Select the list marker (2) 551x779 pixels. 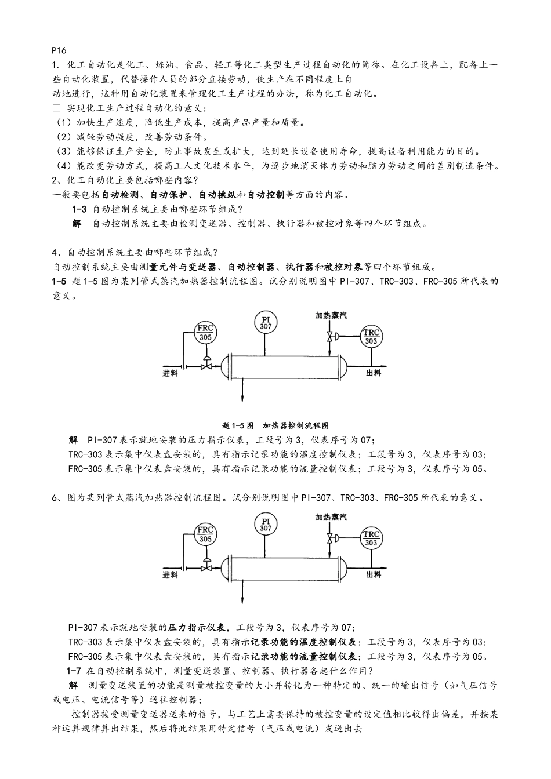[63, 137]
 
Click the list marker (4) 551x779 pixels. [63, 166]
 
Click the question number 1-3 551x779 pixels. [79, 209]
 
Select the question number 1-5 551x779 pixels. [60, 281]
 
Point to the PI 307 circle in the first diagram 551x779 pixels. [266, 323]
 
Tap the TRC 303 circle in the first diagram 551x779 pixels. [371, 337]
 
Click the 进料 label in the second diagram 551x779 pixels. [171, 575]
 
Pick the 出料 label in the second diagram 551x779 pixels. [374, 574]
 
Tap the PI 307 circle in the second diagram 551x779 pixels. [266, 525]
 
